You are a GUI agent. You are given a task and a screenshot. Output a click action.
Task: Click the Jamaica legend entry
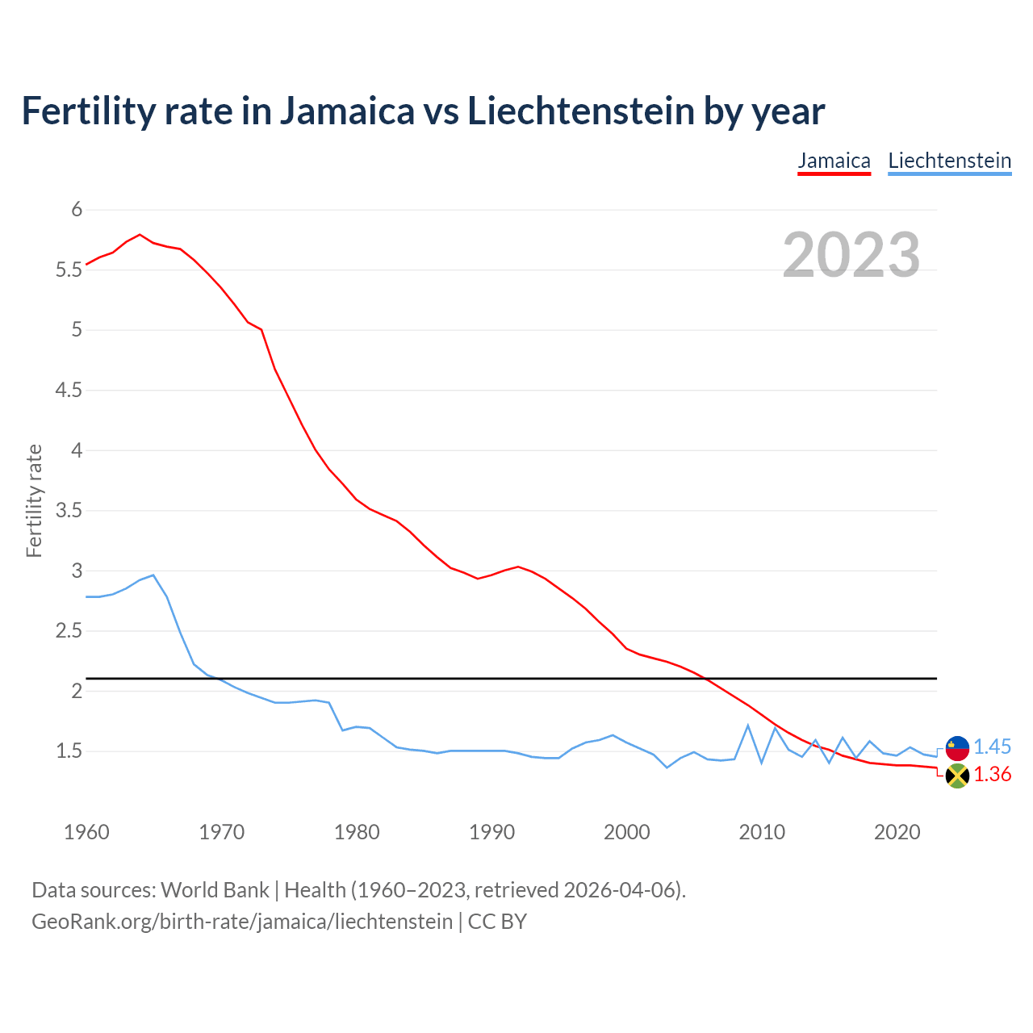tap(834, 161)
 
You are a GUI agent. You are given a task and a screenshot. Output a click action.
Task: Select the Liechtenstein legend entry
tap(949, 161)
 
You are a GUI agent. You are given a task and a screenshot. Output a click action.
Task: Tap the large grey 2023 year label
tap(851, 255)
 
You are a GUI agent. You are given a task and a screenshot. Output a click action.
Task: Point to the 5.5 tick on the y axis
tap(69, 270)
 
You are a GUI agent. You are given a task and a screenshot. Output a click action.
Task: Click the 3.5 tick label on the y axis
tap(69, 511)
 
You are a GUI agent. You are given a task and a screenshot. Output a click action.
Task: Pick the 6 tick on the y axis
tap(77, 210)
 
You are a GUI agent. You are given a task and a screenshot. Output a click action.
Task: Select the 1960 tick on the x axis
tap(86, 832)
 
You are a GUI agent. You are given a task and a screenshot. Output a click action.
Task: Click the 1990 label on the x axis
tap(491, 832)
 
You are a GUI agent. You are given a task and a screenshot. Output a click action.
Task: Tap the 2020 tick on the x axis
tap(897, 832)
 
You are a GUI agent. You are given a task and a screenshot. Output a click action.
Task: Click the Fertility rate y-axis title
tap(34, 500)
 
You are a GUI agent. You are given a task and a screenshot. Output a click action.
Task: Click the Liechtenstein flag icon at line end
tap(957, 748)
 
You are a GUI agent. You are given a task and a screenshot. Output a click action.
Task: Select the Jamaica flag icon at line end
tap(957, 776)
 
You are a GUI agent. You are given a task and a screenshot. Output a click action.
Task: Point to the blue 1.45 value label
tap(992, 747)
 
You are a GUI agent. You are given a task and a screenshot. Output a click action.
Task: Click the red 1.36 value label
tap(992, 775)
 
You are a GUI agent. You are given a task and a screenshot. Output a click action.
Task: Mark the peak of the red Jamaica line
tap(140, 235)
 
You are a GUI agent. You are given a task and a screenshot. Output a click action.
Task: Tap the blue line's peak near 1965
tap(153, 575)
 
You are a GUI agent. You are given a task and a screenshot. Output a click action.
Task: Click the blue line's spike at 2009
tap(748, 726)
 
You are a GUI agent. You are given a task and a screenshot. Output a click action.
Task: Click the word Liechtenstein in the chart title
tap(581, 111)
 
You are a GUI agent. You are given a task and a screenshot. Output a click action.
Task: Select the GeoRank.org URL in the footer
tap(242, 921)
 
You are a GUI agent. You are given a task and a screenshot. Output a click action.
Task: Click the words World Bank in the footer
tap(215, 889)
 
